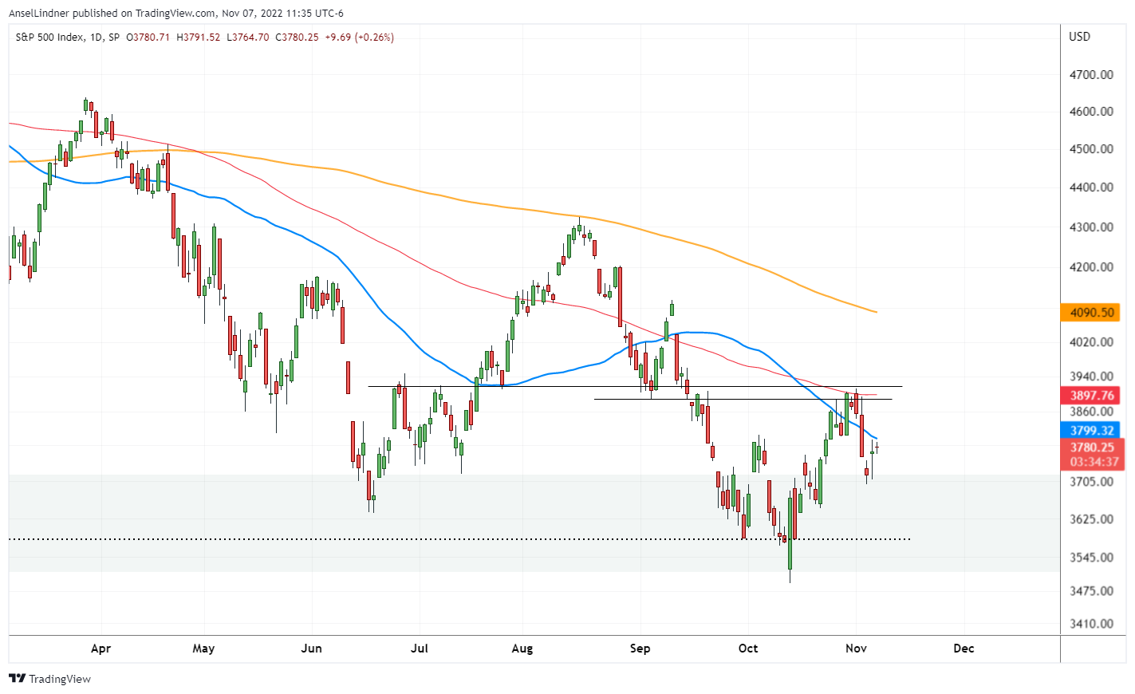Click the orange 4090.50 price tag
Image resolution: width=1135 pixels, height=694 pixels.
1091,313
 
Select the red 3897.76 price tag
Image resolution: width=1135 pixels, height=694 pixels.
1091,396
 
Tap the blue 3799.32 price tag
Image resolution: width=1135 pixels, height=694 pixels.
1091,431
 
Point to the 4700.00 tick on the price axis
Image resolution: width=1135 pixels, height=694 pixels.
1091,75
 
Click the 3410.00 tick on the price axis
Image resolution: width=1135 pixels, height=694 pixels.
1091,624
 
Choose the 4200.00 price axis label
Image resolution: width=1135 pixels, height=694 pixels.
1091,267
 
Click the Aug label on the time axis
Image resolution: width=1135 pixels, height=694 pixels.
522,649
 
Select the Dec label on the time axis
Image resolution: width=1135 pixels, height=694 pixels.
964,649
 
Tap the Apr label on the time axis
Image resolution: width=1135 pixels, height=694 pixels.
100,649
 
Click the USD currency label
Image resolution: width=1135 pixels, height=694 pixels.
1079,37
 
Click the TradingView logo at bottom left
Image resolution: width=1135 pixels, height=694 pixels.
49,679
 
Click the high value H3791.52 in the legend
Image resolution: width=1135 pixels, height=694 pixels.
198,37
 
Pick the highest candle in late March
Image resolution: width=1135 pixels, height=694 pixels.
85,104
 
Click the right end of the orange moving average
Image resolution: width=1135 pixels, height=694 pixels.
876,312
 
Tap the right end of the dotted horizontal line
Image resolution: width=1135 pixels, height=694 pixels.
910,539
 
